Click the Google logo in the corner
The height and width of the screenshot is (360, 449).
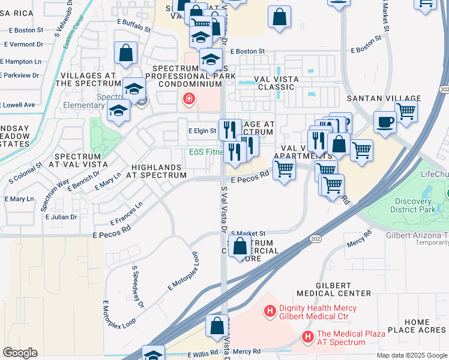point(20,353)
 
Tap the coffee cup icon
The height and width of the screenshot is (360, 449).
point(385,122)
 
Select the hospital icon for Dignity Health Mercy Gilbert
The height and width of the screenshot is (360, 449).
point(270,311)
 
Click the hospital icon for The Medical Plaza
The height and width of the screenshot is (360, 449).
point(307,338)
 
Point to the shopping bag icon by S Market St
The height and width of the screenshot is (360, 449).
point(240,246)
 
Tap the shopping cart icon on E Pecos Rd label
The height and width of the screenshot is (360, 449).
point(284,169)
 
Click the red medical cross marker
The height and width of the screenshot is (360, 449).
point(190,99)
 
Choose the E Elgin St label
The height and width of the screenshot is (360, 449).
point(202,130)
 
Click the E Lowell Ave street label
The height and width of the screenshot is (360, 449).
point(17,104)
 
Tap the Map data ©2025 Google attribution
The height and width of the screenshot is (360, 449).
point(411,355)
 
